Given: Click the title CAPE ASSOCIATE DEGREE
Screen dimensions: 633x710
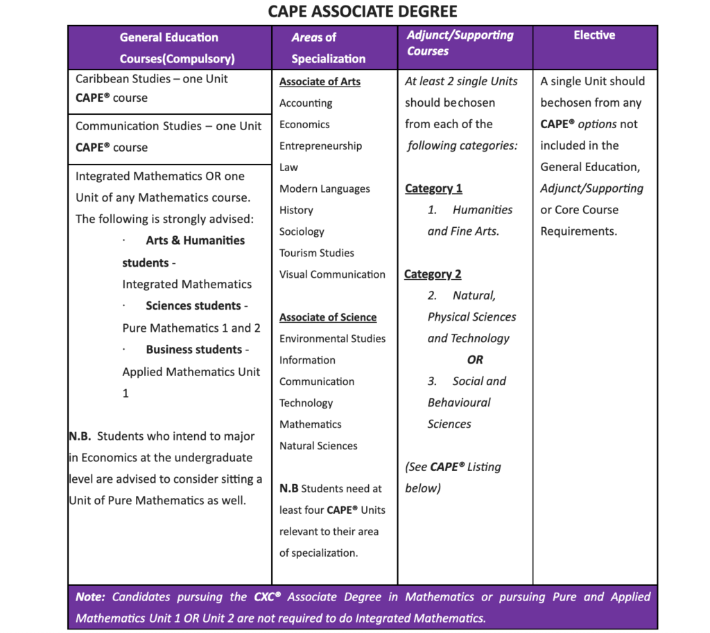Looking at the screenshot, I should [x=363, y=12].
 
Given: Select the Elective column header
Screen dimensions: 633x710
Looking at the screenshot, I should [x=594, y=35].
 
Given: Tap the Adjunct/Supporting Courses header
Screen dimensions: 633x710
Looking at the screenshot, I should [x=460, y=43].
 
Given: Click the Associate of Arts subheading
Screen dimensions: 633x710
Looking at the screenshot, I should [x=320, y=82].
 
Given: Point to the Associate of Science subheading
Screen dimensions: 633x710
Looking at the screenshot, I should [x=328, y=317].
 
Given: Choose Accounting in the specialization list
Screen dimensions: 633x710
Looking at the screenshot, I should [x=306, y=103].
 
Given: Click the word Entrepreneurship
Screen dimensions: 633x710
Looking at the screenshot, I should [x=320, y=146].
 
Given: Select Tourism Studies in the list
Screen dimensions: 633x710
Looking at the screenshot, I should [x=316, y=253].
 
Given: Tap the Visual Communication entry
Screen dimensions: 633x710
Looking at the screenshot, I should [x=332, y=274].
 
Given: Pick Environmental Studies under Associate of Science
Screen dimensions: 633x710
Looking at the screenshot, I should [x=332, y=339].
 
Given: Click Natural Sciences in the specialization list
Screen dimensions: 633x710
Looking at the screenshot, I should [x=318, y=446].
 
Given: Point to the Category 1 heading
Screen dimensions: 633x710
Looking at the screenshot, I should [x=433, y=188].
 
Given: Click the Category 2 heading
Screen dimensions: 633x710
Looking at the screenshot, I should [x=433, y=274].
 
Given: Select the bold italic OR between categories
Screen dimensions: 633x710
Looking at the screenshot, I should [x=475, y=360].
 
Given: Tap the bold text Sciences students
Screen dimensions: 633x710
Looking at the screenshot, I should [x=193, y=306].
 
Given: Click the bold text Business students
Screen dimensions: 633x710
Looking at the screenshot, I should [x=193, y=350].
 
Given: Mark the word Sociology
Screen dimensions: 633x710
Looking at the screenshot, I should [x=302, y=232].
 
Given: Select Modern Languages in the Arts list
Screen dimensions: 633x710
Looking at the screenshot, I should [x=324, y=189].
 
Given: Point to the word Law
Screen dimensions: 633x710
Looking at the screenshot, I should [x=288, y=168].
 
